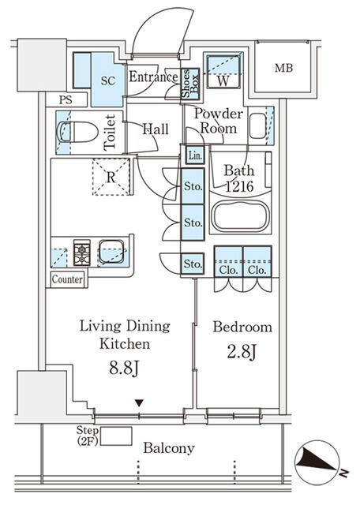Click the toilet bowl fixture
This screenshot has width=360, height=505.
click(77, 132)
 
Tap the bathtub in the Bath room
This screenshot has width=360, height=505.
click(240, 215)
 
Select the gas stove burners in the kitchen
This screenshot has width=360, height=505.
click(81, 252)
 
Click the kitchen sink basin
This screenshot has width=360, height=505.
click(111, 252)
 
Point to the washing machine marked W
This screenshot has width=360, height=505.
click(223, 72)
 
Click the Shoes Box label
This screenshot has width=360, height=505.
click(190, 84)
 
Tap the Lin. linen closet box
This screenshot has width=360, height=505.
click(195, 155)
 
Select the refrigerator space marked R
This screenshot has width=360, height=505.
click(111, 177)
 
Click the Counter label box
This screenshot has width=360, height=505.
click(67, 279)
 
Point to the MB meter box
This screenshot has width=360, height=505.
click(283, 68)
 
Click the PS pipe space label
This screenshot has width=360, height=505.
click(66, 100)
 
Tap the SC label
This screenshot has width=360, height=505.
click(108, 80)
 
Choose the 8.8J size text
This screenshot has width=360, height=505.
click(124, 368)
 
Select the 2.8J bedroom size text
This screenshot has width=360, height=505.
click(242, 351)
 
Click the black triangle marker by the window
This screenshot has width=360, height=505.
click(139, 403)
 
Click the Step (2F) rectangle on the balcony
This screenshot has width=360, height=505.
click(116, 436)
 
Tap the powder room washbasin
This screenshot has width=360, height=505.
click(258, 126)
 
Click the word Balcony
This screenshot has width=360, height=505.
click(169, 448)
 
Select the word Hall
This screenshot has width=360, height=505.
click(156, 129)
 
